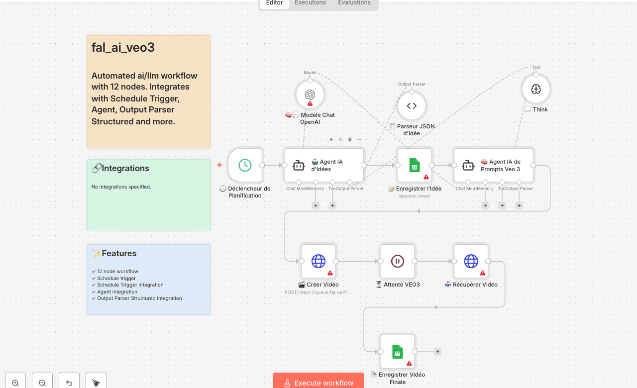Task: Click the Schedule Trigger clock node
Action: [245, 165]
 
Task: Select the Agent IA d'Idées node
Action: [324, 165]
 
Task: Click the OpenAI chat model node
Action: [310, 95]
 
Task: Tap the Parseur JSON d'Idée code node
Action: [412, 106]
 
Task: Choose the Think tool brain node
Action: [536, 90]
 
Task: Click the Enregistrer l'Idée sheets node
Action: [415, 165]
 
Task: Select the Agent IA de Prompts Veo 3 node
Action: [494, 165]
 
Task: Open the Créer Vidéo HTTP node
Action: [318, 261]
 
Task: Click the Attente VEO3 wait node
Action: [397, 261]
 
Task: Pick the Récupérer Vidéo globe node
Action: [471, 261]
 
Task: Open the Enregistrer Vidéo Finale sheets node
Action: [397, 352]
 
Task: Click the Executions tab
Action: [310, 3]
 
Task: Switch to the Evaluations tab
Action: [354, 3]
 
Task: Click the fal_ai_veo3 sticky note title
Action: [123, 48]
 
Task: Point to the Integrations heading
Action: [125, 168]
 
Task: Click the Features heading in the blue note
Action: [119, 253]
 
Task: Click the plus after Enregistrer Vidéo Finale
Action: [438, 352]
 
